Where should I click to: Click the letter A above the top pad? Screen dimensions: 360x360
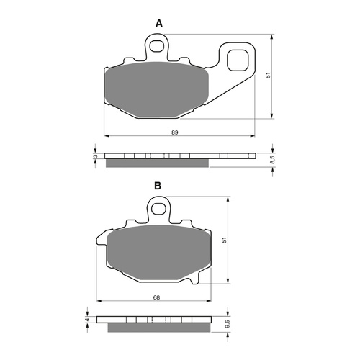159,24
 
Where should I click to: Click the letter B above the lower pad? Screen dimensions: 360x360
157,186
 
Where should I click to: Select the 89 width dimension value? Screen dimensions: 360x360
175,132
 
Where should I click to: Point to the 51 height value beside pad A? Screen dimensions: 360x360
268,76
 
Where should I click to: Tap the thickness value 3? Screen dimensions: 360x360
94,156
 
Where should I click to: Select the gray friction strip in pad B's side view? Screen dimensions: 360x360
158,328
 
